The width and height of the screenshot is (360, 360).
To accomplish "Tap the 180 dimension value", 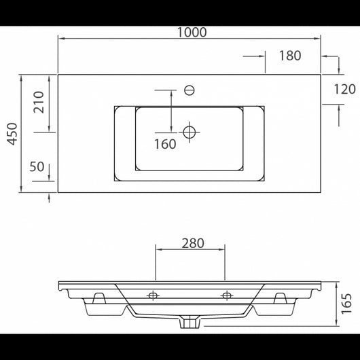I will click(x=289, y=56).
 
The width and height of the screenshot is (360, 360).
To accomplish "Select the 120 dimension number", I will click(x=344, y=88).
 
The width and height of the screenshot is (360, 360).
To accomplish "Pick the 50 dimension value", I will click(x=37, y=167).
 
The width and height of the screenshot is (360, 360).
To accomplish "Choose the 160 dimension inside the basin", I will click(x=164, y=143).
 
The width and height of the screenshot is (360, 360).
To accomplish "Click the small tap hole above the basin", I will click(x=190, y=88).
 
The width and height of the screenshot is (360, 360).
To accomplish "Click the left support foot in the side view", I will click(x=100, y=299).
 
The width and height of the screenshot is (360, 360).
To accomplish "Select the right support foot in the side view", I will click(x=278, y=299).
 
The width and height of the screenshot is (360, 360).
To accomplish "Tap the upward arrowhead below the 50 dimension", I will click(x=50, y=198).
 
